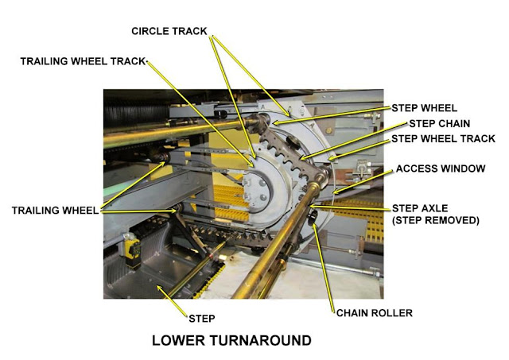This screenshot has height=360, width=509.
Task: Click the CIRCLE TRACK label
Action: (169, 31)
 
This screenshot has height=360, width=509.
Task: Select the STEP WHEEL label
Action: (423, 108)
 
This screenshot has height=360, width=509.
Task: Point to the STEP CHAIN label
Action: (439, 123)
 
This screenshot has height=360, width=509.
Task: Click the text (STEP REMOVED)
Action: (437, 220)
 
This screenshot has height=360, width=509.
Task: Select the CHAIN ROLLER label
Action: (374, 313)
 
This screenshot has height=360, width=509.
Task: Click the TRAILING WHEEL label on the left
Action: (54, 211)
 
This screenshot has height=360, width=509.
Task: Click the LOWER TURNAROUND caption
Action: (231, 342)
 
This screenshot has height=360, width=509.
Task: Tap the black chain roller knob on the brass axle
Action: (313, 215)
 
